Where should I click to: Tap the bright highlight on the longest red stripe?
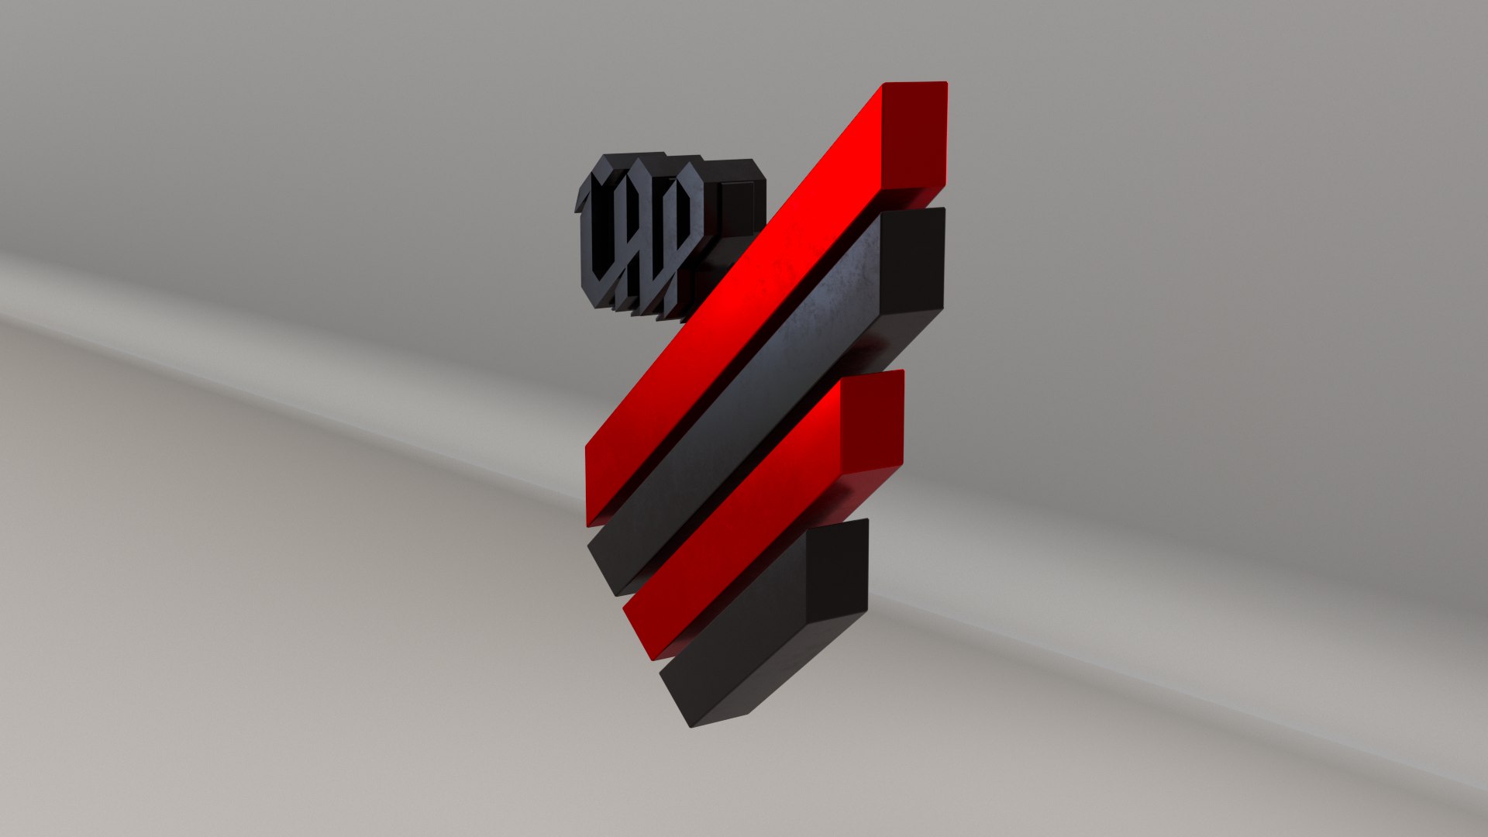(767, 271)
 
